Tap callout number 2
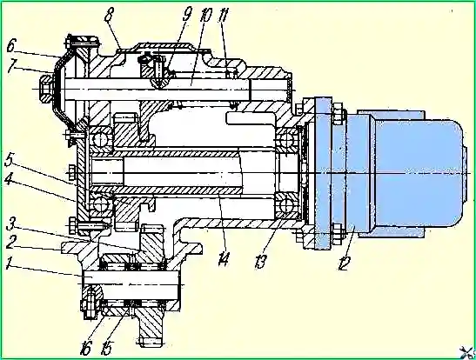pyautogui.click(x=10, y=243)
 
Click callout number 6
pyautogui.click(x=10, y=47)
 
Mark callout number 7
pyautogui.click(x=12, y=67)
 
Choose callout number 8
pyautogui.click(x=109, y=15)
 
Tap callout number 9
pyautogui.click(x=187, y=14)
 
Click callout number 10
pyautogui.click(x=205, y=15)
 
